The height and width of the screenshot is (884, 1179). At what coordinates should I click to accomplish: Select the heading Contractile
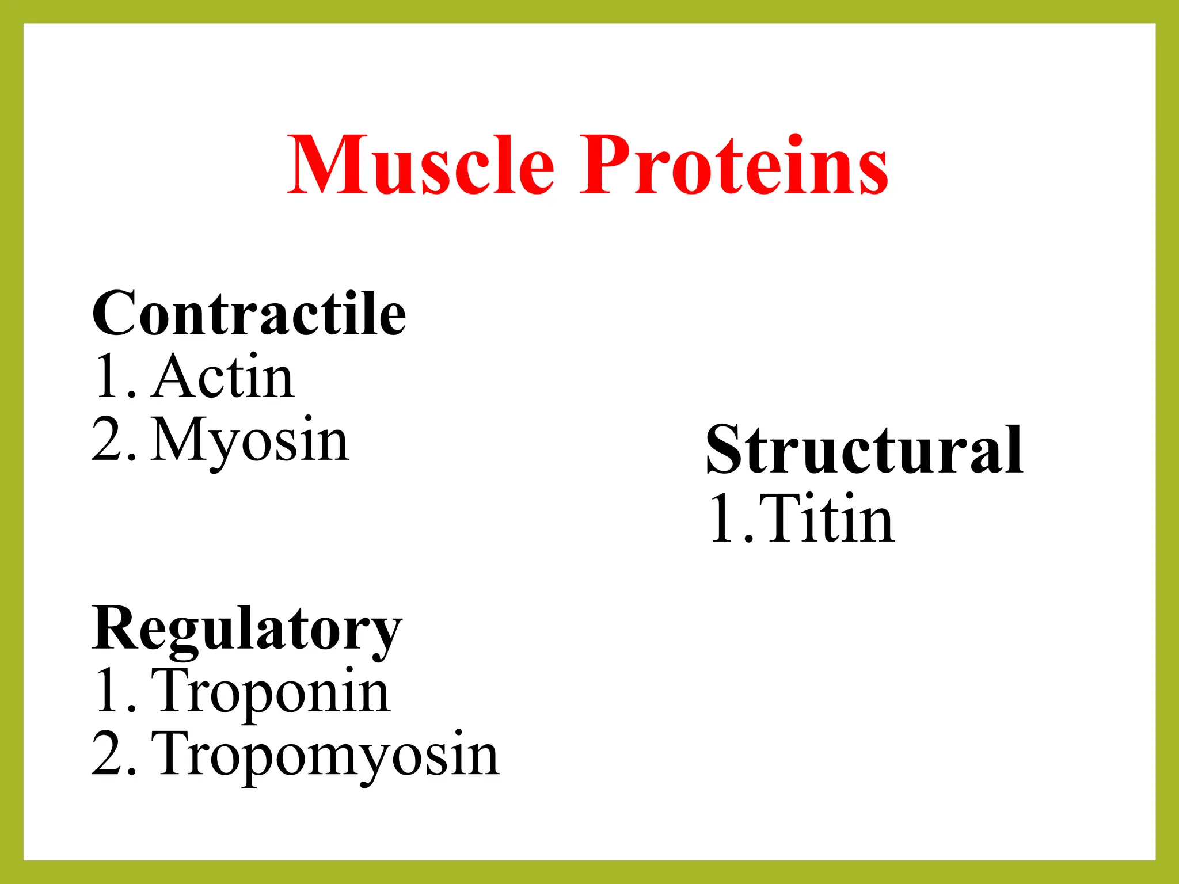click(x=249, y=314)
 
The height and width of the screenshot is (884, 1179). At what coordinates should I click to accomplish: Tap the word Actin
click(x=223, y=377)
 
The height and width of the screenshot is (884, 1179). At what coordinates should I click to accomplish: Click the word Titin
click(x=827, y=519)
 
